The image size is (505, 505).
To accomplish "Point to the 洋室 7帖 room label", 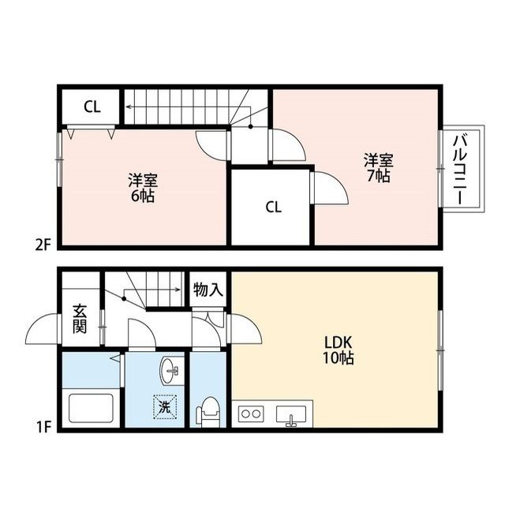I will click(378, 167).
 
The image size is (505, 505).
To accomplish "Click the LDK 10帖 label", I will click(339, 350).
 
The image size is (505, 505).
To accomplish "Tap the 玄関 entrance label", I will click(79, 318).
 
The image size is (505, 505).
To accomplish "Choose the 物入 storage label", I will click(208, 290).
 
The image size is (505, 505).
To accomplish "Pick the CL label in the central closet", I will click(273, 208).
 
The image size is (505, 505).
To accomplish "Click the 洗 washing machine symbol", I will click(165, 407).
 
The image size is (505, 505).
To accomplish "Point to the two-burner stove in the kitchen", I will click(252, 413).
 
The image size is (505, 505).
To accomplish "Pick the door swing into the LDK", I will click(246, 328).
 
